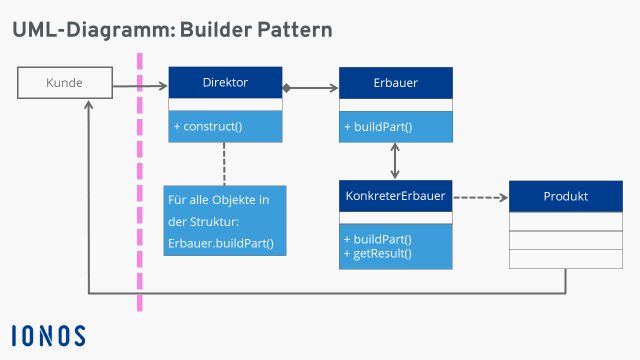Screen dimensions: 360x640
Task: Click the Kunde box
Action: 64,83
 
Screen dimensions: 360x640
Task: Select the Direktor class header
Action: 225,82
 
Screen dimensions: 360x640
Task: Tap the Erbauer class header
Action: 395,83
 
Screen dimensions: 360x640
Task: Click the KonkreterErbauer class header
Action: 395,195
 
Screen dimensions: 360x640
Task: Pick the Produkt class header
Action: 565,196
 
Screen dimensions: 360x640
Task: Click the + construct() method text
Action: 208,126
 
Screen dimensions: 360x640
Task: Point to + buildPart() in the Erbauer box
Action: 378,127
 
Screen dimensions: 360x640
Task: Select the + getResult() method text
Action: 377,253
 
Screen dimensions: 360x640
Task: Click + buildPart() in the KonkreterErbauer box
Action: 377,239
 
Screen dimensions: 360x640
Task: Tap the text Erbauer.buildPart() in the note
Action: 221,243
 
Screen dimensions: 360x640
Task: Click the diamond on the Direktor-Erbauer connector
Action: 286,88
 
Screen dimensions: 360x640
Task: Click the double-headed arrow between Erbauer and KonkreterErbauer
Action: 395,161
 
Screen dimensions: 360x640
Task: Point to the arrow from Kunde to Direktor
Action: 140,86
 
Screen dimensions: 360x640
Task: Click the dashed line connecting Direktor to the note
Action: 224,164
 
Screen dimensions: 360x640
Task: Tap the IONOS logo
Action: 48,335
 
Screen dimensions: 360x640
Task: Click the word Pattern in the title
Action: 294,30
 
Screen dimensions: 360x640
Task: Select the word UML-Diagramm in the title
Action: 90,30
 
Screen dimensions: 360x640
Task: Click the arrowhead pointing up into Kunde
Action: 89,103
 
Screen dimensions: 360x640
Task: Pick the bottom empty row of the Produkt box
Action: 565,259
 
